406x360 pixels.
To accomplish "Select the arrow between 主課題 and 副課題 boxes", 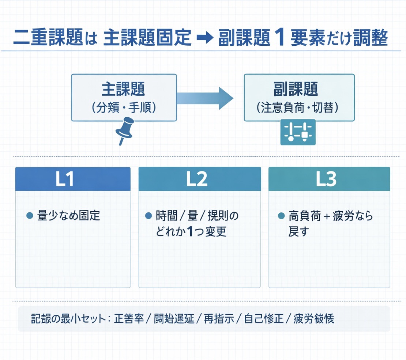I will [205, 98].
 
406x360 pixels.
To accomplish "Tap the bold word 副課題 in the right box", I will [300, 89].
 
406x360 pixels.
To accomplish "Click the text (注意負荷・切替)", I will [300, 108].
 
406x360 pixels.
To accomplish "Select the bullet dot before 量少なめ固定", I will [30, 216].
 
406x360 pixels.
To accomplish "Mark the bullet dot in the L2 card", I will [149, 216].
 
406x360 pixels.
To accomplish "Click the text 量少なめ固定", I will [68, 216].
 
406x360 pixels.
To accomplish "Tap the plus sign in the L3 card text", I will [327, 216].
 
